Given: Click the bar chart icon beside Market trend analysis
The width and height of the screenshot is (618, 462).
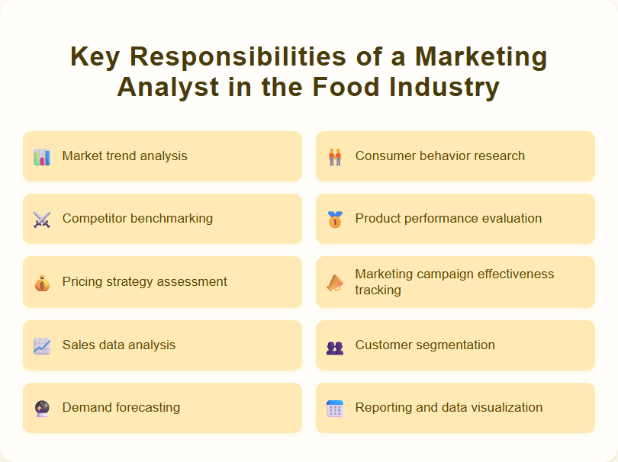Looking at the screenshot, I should [x=42, y=157].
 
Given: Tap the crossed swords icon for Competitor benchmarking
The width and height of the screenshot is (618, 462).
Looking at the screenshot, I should [x=42, y=220].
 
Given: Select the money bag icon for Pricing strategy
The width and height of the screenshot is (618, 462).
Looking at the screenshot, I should [x=42, y=283].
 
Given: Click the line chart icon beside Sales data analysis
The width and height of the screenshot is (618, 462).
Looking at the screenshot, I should [x=42, y=346].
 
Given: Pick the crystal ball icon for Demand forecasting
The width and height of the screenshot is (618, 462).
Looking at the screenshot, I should [x=42, y=409].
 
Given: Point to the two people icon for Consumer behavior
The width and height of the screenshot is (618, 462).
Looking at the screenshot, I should [x=335, y=157].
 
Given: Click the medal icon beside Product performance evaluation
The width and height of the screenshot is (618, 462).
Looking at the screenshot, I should [x=335, y=220].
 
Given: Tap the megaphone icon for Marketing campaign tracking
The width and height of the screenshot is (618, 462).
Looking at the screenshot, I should [x=335, y=283].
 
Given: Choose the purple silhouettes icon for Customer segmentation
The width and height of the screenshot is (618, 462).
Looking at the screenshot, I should [x=335, y=347].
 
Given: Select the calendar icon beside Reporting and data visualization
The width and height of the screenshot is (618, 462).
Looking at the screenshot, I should [x=335, y=409].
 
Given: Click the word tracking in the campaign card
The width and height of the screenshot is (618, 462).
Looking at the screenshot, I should [x=378, y=290].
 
